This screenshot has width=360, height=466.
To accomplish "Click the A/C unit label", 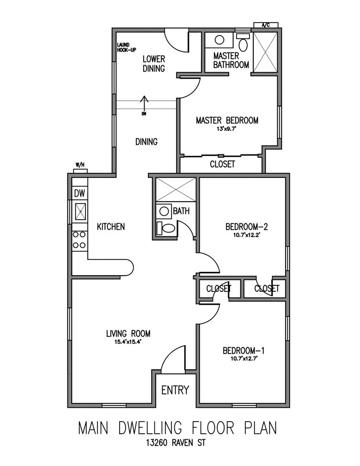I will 266,25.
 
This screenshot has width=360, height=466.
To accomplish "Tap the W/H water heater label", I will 80,165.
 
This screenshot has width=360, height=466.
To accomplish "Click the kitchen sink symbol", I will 80,212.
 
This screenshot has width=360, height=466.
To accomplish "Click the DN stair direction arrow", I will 144,104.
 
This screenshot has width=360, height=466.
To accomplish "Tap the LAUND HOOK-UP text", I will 126,47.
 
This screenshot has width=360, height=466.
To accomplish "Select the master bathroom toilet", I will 243,43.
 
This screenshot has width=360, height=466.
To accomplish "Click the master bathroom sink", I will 220,39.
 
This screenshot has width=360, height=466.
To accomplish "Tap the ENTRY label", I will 175,390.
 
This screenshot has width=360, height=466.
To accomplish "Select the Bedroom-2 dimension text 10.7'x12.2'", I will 246,234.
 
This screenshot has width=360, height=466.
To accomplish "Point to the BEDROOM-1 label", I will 243,350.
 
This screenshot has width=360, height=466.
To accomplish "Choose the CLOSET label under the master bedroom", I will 222,164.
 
